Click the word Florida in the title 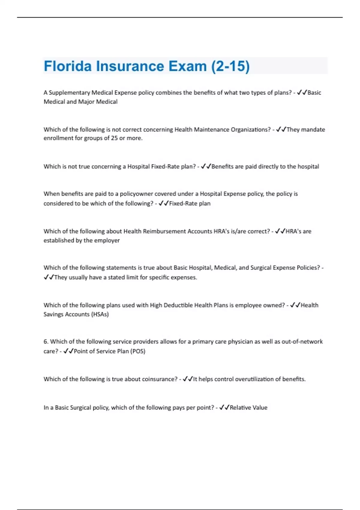click(x=67, y=66)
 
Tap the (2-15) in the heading click(x=230, y=66)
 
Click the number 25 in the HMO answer click(x=114, y=138)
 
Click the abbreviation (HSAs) click(x=100, y=314)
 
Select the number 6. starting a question click(x=46, y=341)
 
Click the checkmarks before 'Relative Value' click(x=224, y=408)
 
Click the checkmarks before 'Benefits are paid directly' click(x=206, y=166)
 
